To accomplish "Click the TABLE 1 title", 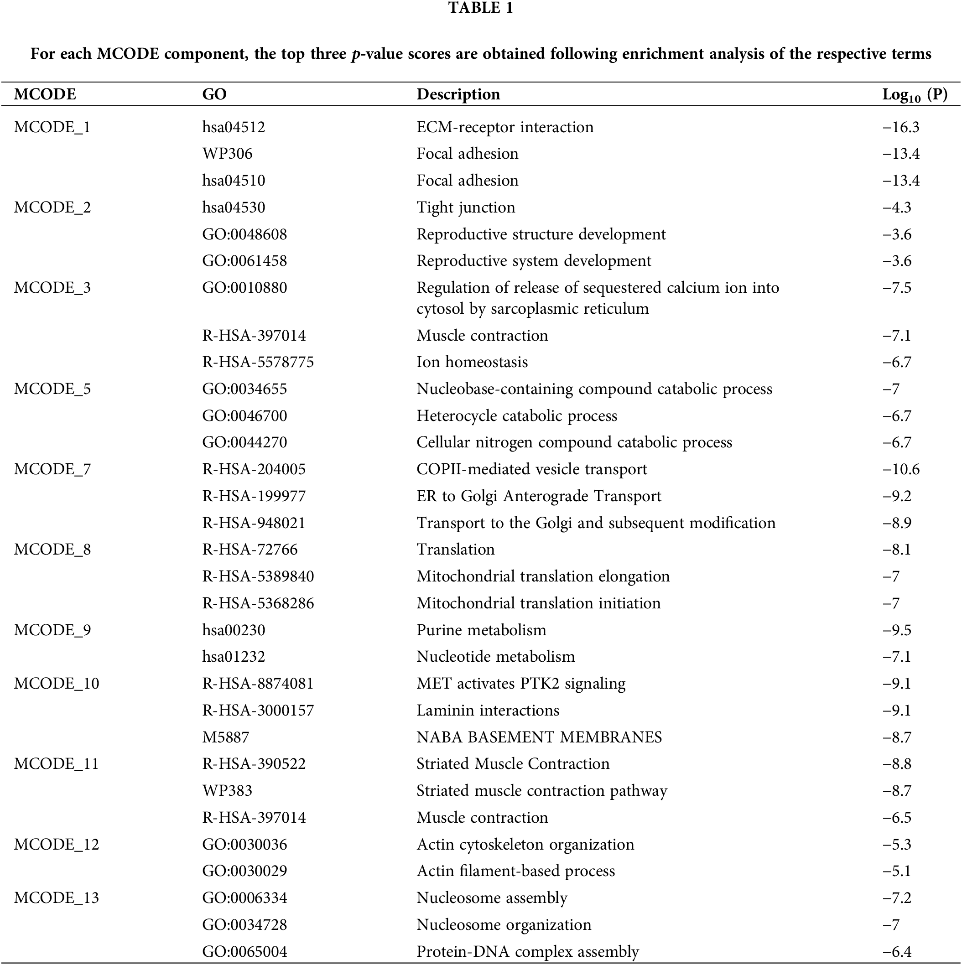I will coord(480,8).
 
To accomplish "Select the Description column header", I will coord(458,94).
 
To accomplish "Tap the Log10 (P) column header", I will coord(914,94).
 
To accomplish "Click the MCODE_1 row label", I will coord(52,127).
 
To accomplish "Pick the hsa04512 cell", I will coord(233,127).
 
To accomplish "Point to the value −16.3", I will coord(900,127).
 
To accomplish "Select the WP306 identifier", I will coord(227,154).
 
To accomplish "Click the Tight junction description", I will coord(466,208).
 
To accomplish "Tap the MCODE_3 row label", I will coord(52,288).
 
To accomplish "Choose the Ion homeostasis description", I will coord(472,362).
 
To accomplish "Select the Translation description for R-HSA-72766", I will coord(456,550).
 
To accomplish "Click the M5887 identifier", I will coord(225,737).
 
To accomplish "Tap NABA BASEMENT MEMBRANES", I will coord(539,737).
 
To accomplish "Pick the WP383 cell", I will coord(227,791).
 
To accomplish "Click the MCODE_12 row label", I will coord(57,844).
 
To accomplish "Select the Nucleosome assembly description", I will coord(492,898).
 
